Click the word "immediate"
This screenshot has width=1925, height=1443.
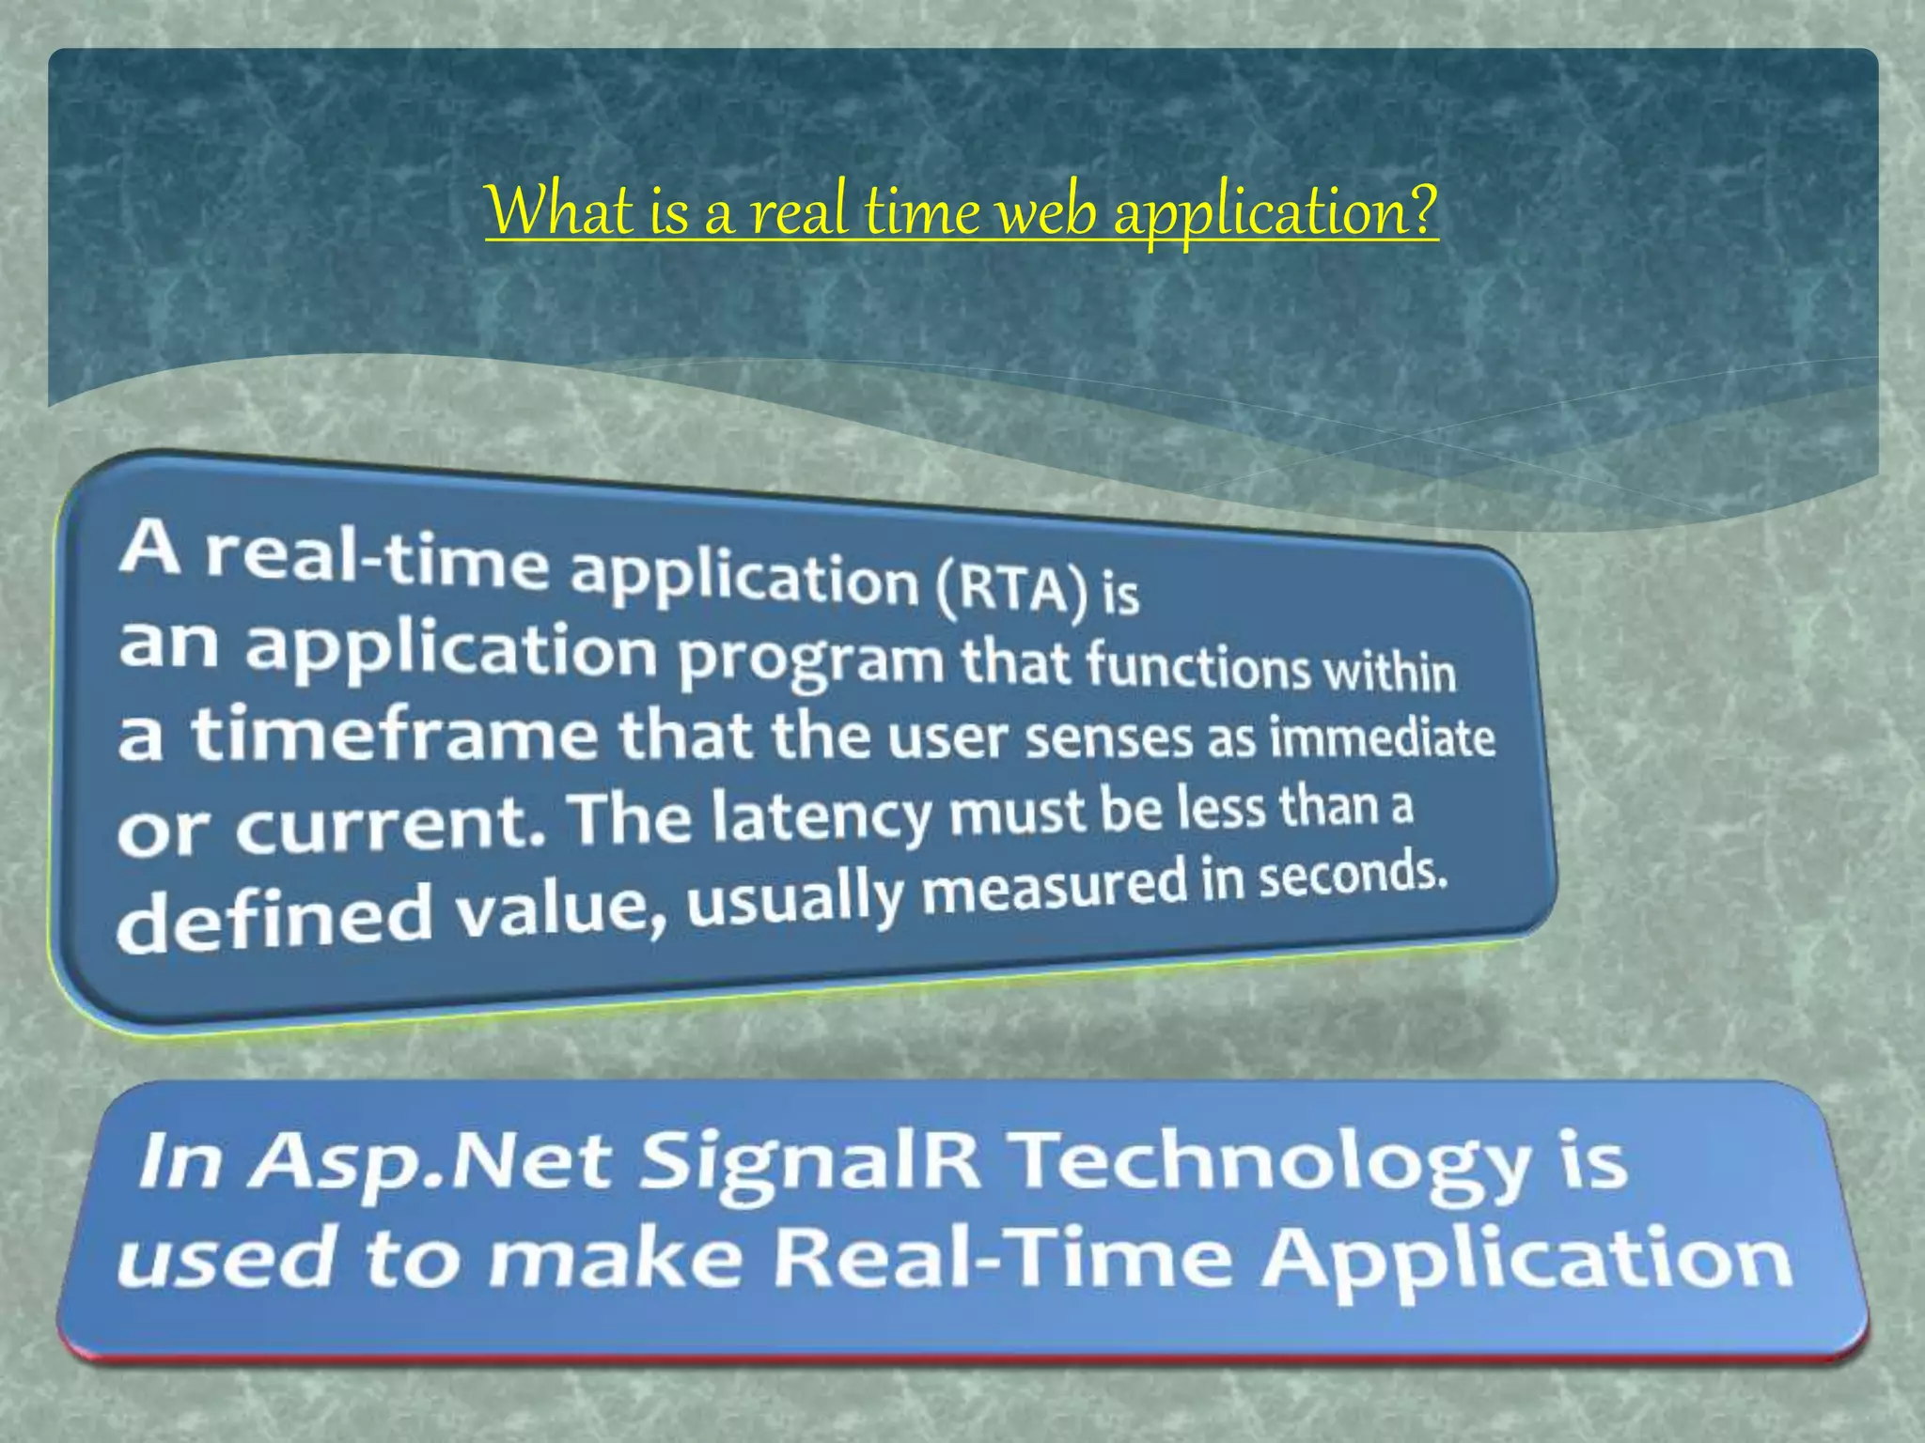pyautogui.click(x=1382, y=738)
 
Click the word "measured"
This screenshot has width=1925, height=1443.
pyautogui.click(x=1054, y=888)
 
